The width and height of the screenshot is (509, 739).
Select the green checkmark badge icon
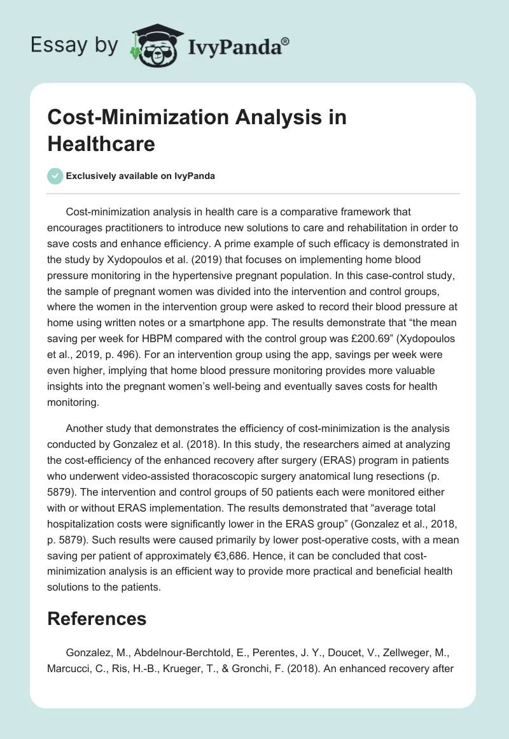(55, 176)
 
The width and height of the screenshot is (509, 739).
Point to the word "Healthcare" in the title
(101, 143)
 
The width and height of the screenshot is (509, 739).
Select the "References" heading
(97, 619)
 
